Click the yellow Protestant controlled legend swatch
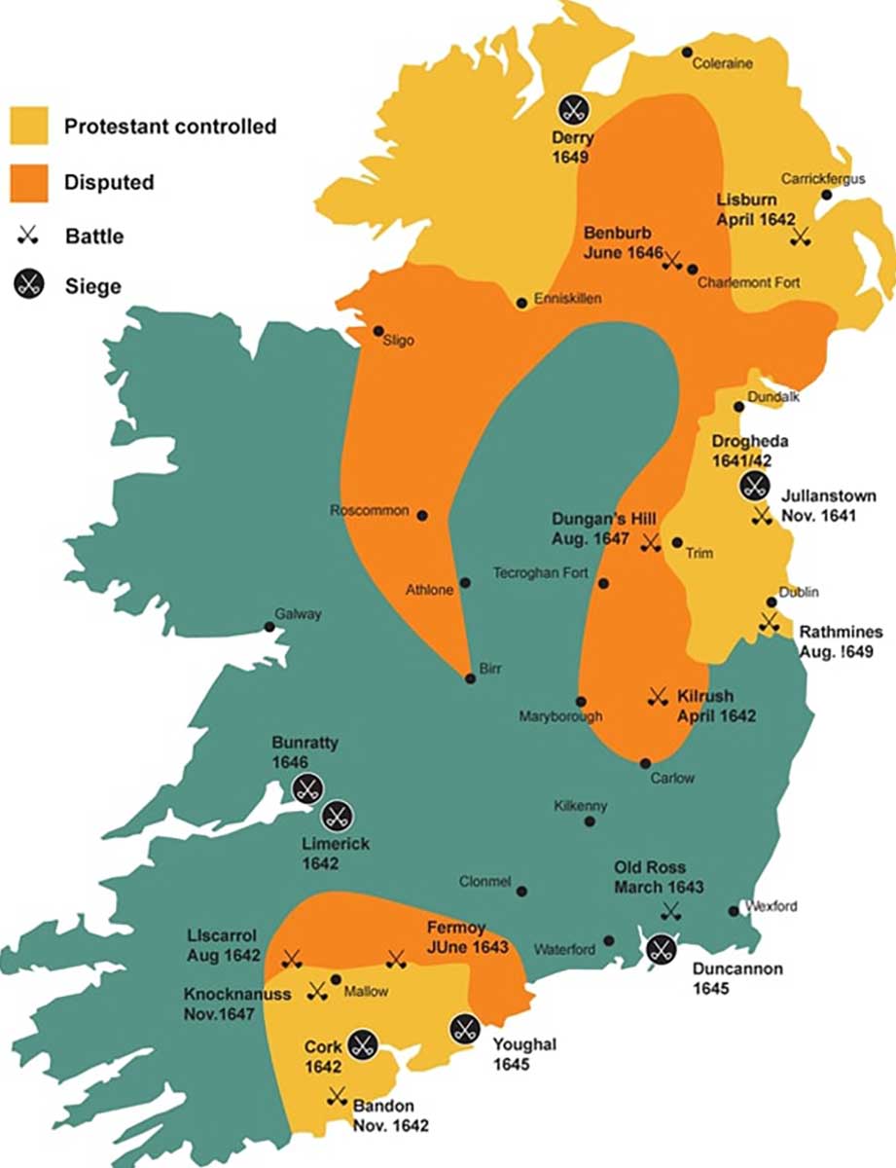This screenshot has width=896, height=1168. tap(28, 126)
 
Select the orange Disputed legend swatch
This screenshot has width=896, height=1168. tap(28, 182)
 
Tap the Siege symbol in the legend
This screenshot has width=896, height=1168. tap(28, 286)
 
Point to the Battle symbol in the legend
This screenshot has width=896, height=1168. tap(28, 235)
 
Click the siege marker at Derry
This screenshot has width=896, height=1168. tap(573, 109)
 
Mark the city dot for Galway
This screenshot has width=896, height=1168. tap(269, 627)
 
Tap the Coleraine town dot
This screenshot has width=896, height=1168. tap(687, 52)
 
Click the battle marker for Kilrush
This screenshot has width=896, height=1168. tap(657, 696)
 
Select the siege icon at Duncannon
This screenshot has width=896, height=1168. tap(663, 948)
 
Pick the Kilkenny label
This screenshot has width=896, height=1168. tap(580, 805)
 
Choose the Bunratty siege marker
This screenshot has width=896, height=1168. tap(308, 789)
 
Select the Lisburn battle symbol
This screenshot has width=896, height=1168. tap(801, 236)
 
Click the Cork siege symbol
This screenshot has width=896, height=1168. tap(364, 1045)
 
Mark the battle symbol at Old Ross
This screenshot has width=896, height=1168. tap(670, 911)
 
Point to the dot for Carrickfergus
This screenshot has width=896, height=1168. tap(826, 195)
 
